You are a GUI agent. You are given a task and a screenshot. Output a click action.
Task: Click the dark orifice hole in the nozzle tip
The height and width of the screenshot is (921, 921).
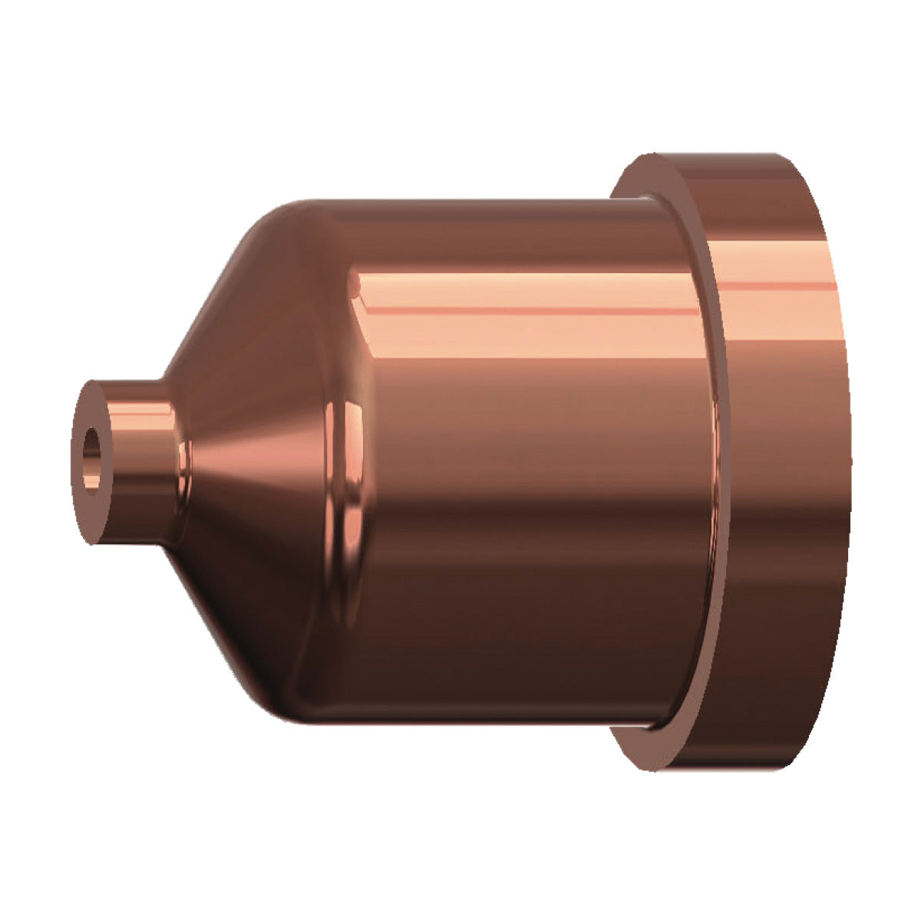(x=92, y=461)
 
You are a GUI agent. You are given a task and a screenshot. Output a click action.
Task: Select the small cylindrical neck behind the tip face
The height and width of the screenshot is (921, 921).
(x=138, y=460)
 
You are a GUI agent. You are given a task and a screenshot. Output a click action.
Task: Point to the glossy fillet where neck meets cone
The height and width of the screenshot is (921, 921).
(x=182, y=460)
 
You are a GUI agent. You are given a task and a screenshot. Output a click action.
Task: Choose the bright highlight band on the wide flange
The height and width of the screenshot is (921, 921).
(x=775, y=307)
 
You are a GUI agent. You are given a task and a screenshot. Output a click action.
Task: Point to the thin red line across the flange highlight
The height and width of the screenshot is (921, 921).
(x=775, y=286)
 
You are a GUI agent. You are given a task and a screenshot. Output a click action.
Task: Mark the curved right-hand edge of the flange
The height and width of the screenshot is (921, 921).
(x=847, y=460)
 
